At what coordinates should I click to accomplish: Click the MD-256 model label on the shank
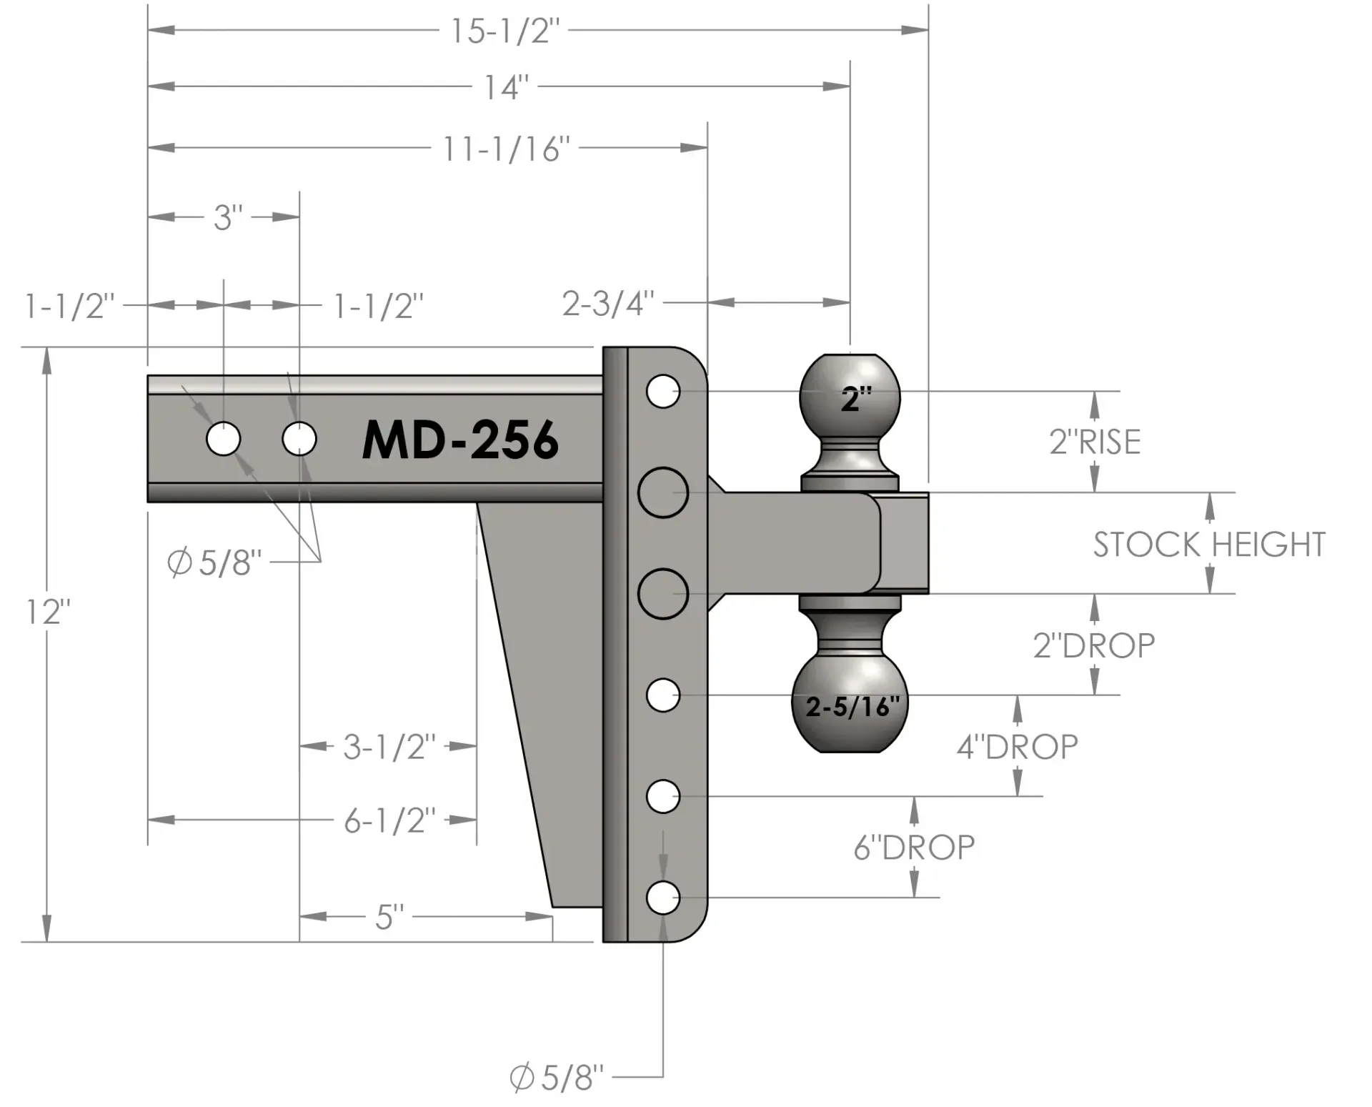click(x=460, y=440)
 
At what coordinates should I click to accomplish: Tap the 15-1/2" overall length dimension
click(x=504, y=31)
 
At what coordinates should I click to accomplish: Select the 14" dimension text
click(x=506, y=88)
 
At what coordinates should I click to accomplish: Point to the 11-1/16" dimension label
click(x=506, y=149)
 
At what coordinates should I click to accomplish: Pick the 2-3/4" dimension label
click(x=608, y=304)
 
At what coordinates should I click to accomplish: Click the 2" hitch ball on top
click(x=850, y=397)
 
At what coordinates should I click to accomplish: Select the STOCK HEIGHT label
click(x=1209, y=545)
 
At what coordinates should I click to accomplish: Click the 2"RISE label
click(x=1095, y=442)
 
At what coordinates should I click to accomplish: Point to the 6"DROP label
click(x=914, y=848)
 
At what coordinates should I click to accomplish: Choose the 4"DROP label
click(x=1017, y=747)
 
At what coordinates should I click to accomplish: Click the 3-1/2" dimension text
click(x=389, y=747)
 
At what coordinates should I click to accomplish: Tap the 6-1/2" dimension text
click(x=389, y=821)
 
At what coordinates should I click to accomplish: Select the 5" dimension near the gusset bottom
click(x=389, y=917)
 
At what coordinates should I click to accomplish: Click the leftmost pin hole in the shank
click(x=224, y=439)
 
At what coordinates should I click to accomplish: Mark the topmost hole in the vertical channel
click(x=663, y=392)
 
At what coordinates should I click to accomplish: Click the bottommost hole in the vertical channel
click(x=663, y=898)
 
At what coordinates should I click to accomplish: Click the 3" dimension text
click(x=228, y=217)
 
